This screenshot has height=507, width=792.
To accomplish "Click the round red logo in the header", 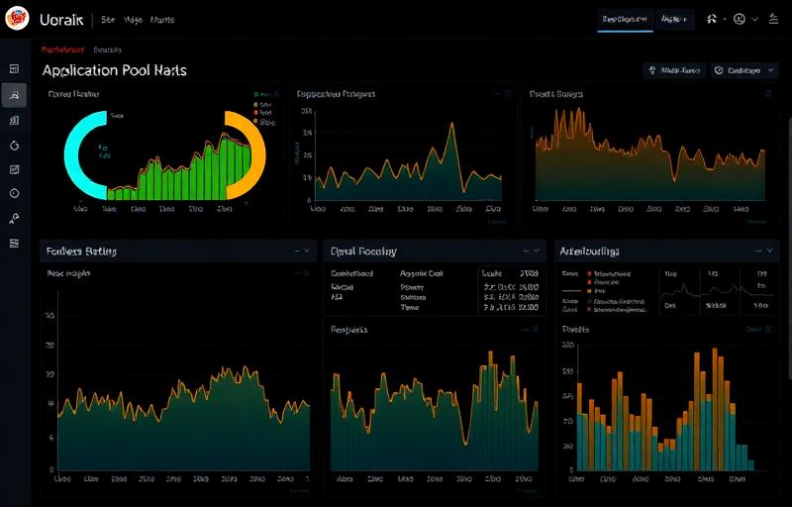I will [x=17, y=20].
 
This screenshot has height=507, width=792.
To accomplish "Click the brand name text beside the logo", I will [x=61, y=20].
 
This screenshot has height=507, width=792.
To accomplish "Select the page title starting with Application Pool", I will [x=114, y=70].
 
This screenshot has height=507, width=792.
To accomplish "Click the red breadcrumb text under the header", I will [x=61, y=49].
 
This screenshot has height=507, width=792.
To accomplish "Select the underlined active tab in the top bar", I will [x=625, y=19].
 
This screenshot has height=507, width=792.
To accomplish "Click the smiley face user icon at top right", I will [x=738, y=19].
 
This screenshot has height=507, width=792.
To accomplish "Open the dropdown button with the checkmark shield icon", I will [x=743, y=70].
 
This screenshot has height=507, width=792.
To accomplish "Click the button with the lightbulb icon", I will [x=674, y=70].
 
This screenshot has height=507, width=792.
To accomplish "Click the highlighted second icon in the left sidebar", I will [x=14, y=94].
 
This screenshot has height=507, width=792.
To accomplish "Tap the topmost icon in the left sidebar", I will [x=14, y=68].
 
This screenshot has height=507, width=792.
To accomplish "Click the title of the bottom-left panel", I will [x=81, y=252].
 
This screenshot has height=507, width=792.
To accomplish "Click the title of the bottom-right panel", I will [x=590, y=252].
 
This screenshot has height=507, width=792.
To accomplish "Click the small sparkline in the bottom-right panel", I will [x=683, y=288].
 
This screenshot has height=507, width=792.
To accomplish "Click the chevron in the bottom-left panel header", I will [x=306, y=252].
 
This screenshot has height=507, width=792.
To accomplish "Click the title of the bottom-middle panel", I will [x=363, y=252].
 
